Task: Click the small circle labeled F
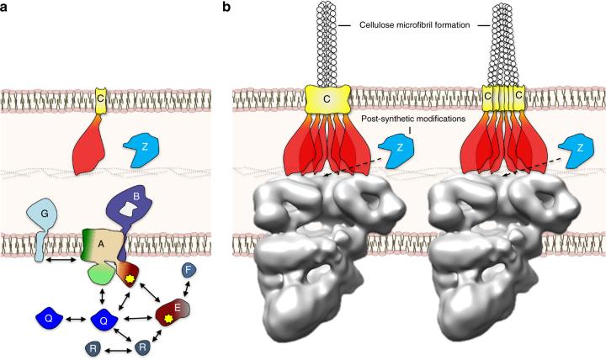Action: pos(190,271)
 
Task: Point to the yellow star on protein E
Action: pos(171,319)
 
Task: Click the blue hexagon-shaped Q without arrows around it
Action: pos(51,318)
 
